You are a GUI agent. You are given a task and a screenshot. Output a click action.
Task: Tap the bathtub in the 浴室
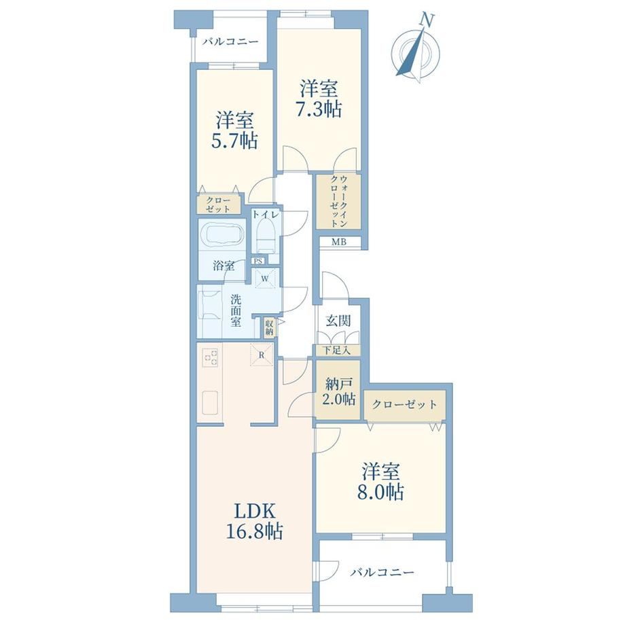(221, 236)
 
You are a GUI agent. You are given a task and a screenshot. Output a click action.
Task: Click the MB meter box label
(339, 242)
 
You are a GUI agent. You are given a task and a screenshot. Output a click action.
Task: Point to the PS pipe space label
(258, 261)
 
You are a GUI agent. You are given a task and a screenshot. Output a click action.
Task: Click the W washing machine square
(264, 278)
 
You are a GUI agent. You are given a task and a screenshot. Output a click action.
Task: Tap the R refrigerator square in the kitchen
(262, 354)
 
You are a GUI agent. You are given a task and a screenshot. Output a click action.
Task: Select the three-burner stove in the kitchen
(211, 357)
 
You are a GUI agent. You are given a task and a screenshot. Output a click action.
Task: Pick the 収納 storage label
(270, 327)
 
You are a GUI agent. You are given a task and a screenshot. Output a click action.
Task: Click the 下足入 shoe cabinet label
(337, 351)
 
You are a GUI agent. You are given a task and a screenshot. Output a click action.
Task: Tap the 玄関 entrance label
(338, 321)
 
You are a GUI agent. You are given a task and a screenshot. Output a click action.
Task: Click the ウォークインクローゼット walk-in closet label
(339, 201)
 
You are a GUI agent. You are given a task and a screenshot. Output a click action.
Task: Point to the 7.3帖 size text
(319, 109)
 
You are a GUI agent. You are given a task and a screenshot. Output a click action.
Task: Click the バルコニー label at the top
(230, 41)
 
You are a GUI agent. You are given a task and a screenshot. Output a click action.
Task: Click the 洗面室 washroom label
(236, 310)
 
